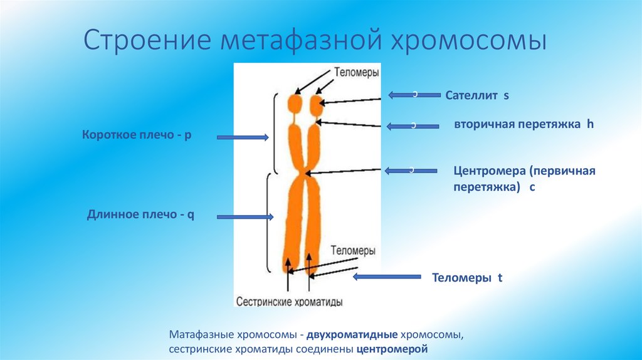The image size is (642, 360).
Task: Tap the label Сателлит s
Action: pyautogui.click(x=476, y=96)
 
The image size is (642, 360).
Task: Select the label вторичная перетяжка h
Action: pyautogui.click(x=524, y=124)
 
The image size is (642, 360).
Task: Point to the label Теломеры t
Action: pyautogui.click(x=468, y=277)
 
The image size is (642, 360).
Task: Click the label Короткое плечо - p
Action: pyautogui.click(x=136, y=135)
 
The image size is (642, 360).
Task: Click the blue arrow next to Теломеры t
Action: pyautogui.click(x=387, y=277)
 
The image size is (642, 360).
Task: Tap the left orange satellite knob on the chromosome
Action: pyautogui.click(x=295, y=103)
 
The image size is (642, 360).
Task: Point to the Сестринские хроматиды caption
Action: pyautogui.click(x=289, y=302)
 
